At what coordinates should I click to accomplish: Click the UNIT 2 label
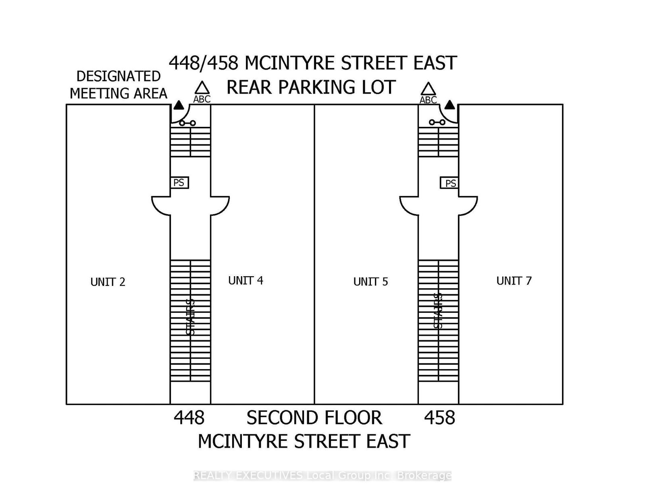coord(108,282)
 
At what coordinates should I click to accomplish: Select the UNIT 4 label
coord(246,281)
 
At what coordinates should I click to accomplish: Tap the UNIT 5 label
coord(370,282)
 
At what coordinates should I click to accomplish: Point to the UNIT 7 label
coord(514,281)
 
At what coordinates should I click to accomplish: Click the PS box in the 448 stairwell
coord(179,183)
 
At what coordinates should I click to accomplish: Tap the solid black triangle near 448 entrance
coord(179,106)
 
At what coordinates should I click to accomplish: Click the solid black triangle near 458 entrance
coord(450,105)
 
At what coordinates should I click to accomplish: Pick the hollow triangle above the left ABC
coord(202,88)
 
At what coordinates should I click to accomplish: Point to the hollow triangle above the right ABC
coord(428,89)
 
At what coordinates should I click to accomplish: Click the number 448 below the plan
coord(189,418)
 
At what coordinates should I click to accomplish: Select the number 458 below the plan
coord(439,418)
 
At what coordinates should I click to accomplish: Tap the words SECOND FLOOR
coord(314,418)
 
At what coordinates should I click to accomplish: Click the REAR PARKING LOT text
coord(311,87)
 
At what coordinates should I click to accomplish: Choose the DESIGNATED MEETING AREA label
coord(118,85)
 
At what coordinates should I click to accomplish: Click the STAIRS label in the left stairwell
coord(190,317)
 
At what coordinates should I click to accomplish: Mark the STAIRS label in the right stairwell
coord(438,311)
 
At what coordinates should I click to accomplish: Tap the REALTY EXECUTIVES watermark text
coord(322,475)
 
